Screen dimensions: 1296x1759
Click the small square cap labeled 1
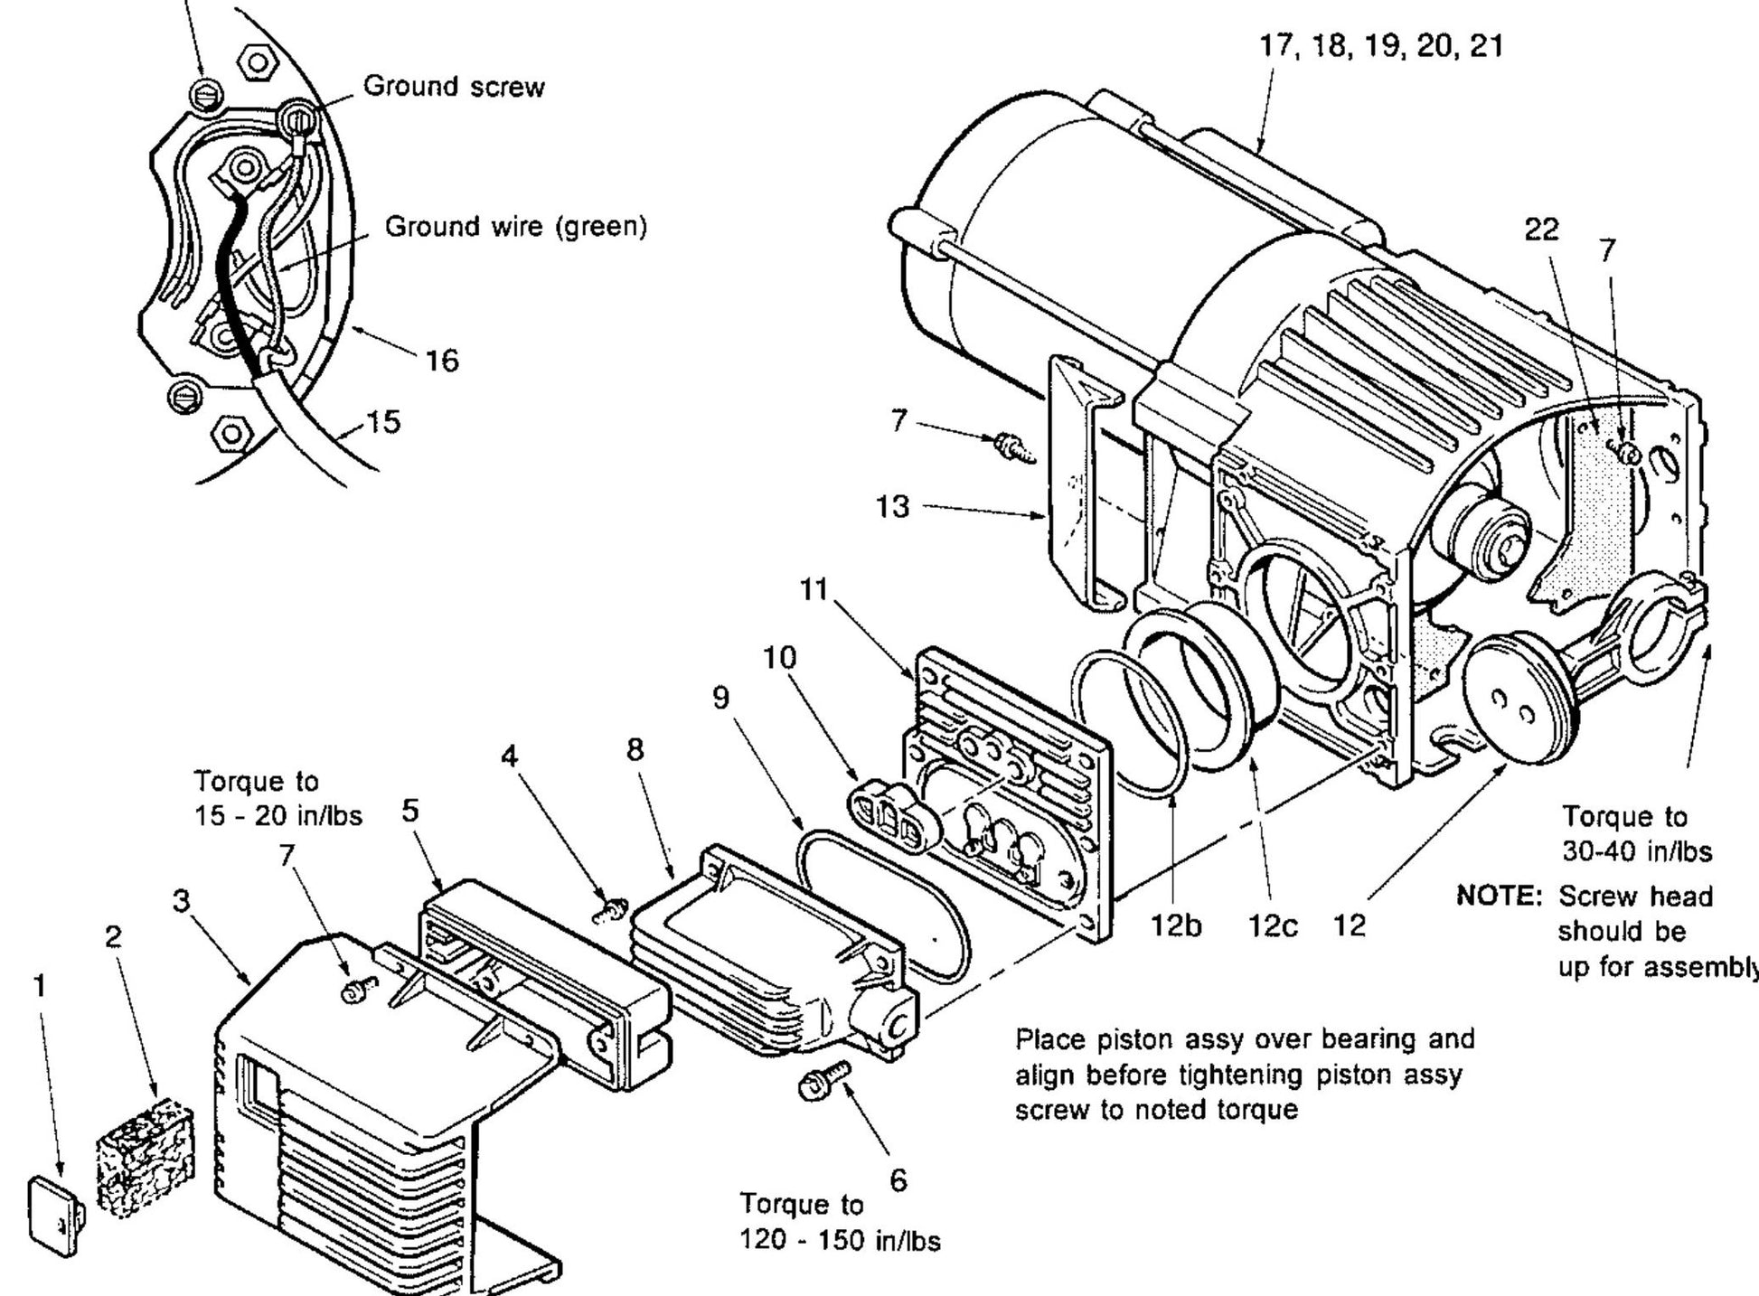pyautogui.click(x=56, y=1213)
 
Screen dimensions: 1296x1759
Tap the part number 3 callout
pyautogui.click(x=183, y=900)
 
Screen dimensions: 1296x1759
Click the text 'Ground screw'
pyautogui.click(x=454, y=87)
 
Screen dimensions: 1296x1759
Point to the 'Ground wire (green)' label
pyautogui.click(x=516, y=226)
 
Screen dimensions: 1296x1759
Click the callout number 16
pyautogui.click(x=441, y=361)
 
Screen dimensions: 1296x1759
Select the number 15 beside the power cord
pyautogui.click(x=384, y=422)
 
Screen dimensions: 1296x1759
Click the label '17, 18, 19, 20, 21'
pyautogui.click(x=1381, y=47)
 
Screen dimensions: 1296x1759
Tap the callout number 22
pyautogui.click(x=1541, y=230)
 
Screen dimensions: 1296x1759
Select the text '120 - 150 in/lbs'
pyautogui.click(x=840, y=1241)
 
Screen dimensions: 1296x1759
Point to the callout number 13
pyautogui.click(x=892, y=506)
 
